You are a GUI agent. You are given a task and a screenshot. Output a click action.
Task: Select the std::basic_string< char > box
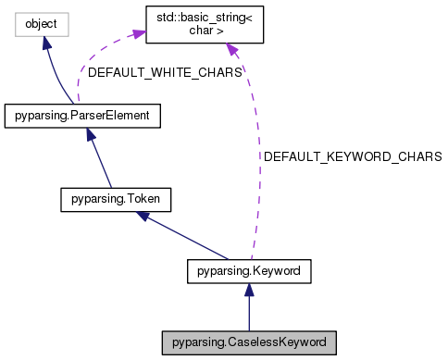point(205,27)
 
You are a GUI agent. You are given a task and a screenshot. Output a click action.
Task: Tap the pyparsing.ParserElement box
point(83,116)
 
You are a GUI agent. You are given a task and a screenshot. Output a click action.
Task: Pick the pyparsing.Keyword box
point(249,271)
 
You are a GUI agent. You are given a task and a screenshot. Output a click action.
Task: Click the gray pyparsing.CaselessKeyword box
point(249,341)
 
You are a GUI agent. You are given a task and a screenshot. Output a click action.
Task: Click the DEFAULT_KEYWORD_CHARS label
point(352,157)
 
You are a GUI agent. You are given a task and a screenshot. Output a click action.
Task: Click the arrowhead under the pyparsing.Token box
point(141,215)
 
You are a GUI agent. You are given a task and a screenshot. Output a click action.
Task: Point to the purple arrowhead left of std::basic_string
point(138,34)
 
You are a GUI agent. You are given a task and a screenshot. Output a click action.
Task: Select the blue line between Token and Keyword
point(185,237)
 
